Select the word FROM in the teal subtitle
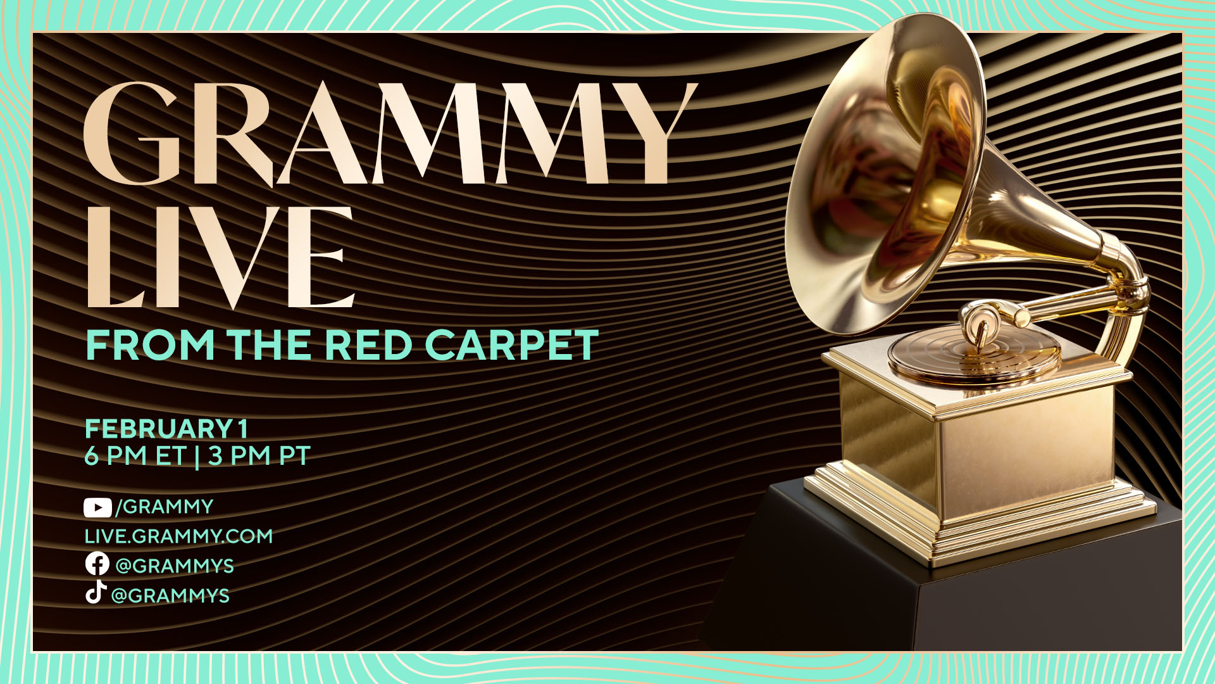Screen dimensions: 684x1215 [x=151, y=345]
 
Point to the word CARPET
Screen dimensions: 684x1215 [x=511, y=345]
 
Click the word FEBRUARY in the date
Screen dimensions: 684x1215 [x=159, y=429]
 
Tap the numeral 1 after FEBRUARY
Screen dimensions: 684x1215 [x=242, y=429]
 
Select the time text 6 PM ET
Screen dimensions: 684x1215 [x=135, y=456]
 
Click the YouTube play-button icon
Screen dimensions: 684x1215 [x=97, y=507]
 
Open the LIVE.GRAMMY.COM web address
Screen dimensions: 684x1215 [x=178, y=536]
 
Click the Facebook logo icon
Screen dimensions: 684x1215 [x=97, y=564]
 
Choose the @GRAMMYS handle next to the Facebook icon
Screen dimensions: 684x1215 [x=175, y=566]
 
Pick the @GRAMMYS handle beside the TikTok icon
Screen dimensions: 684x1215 [x=170, y=596]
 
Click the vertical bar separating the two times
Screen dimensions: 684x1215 [x=197, y=456]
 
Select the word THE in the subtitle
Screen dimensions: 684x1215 [x=270, y=345]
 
